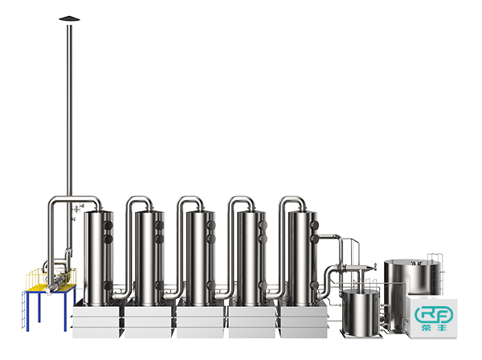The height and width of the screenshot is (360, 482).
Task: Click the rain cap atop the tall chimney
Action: (69, 18)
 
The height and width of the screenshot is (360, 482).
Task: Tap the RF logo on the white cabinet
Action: (434, 314)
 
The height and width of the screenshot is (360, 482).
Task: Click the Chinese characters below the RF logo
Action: (434, 328)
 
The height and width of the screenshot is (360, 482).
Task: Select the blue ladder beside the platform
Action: (24, 310)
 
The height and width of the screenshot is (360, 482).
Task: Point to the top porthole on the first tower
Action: (108, 225)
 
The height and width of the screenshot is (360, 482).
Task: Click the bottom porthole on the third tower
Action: (210, 285)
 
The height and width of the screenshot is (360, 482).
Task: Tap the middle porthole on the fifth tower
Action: (313, 239)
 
